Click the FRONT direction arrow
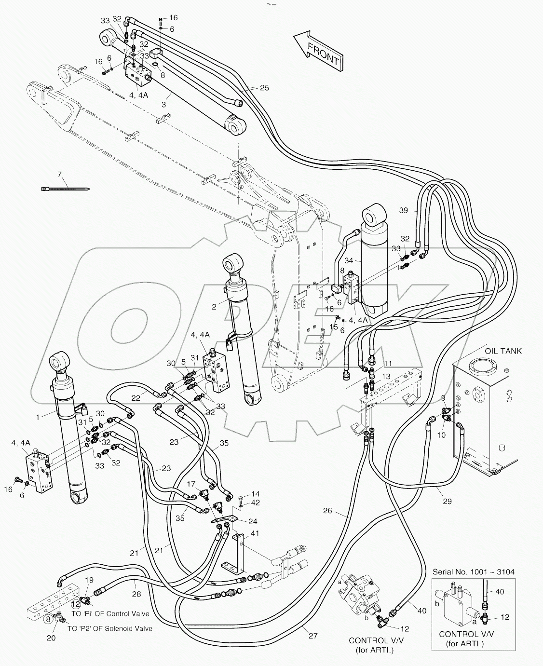[x=319, y=51]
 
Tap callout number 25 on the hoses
[x=264, y=88]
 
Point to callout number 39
[x=404, y=210]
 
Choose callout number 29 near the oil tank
[x=447, y=502]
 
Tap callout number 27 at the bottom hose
[x=313, y=636]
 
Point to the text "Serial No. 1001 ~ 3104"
[x=473, y=572]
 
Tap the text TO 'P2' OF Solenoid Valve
[x=109, y=628]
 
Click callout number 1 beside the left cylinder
[x=38, y=417]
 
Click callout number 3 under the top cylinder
[x=164, y=104]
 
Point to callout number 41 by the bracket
[x=255, y=533]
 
